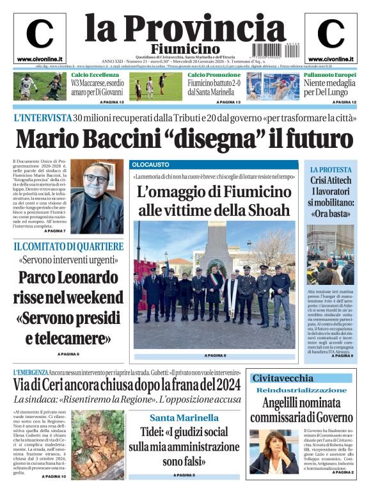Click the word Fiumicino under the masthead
pos(185,49)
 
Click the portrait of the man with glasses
pos(97,197)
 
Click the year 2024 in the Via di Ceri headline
pos(224,384)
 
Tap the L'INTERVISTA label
pos(42,118)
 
